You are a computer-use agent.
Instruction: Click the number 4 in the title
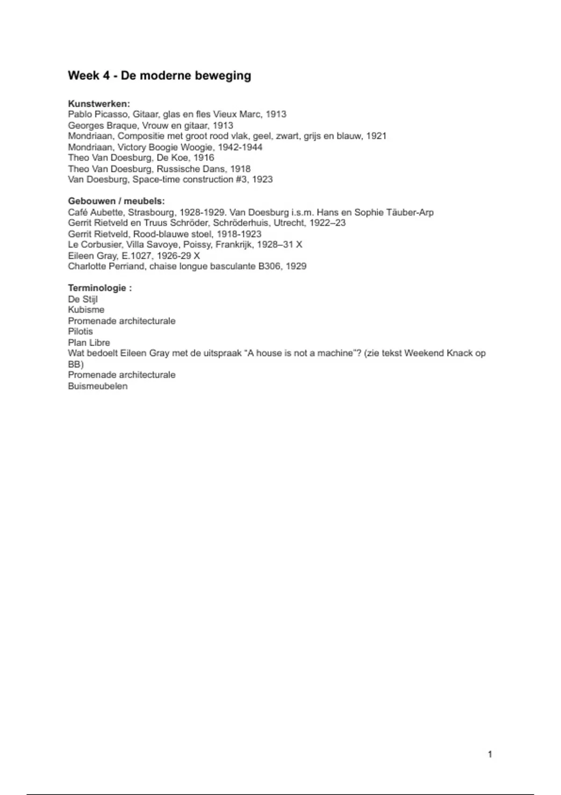point(106,76)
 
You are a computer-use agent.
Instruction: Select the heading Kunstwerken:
point(99,104)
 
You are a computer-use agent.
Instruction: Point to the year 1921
point(376,136)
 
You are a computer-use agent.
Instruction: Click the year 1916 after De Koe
point(204,158)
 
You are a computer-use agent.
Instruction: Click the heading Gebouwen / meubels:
point(116,202)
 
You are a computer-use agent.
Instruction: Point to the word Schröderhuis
point(241,223)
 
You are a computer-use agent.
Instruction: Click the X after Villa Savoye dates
point(299,245)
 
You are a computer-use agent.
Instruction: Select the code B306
point(270,267)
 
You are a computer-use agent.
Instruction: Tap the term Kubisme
point(86,310)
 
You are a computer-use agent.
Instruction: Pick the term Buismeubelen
point(98,386)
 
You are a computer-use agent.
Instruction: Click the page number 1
point(490,754)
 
